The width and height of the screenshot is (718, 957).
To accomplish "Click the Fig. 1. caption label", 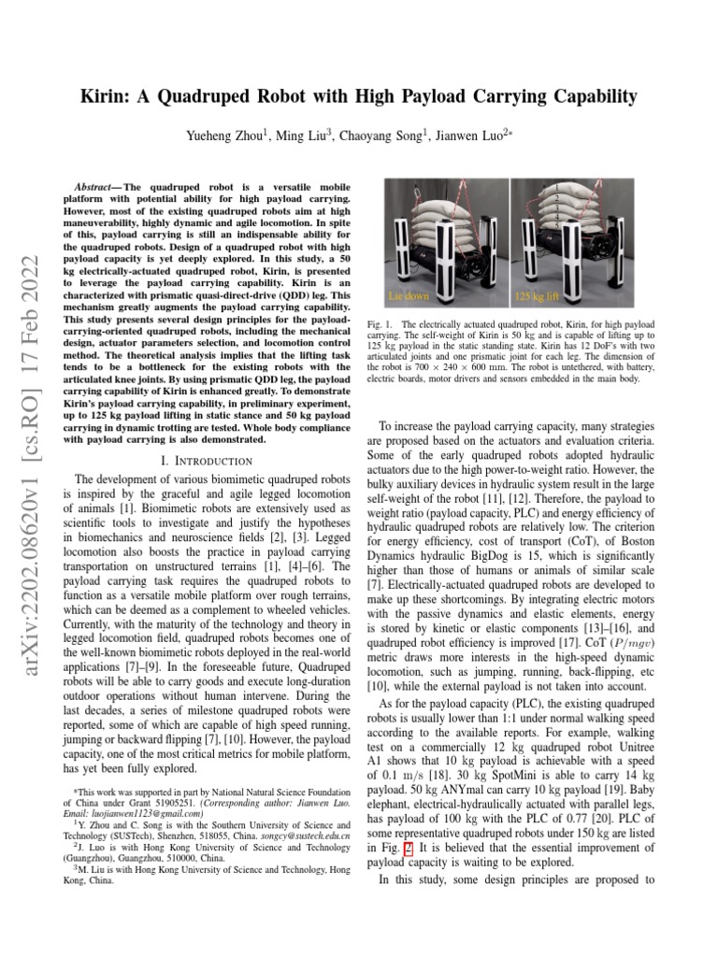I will [x=384, y=323].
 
